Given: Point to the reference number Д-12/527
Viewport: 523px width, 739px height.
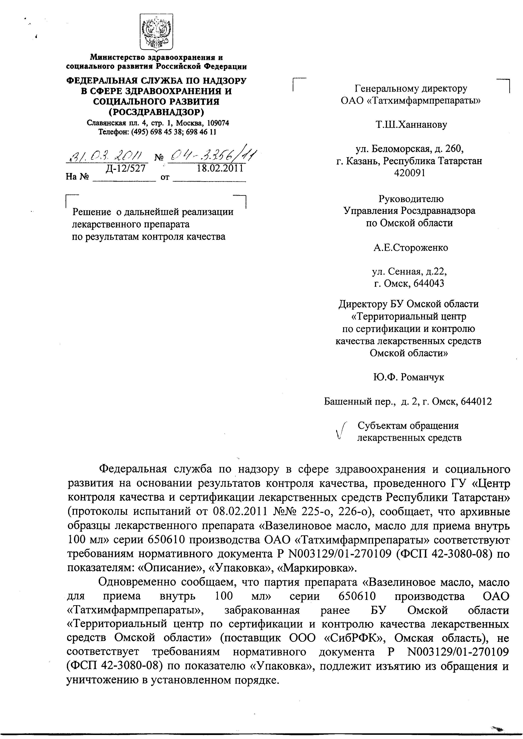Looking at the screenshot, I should click(126, 168).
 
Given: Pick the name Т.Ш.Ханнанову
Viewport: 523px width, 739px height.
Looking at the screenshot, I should click(411, 125).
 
